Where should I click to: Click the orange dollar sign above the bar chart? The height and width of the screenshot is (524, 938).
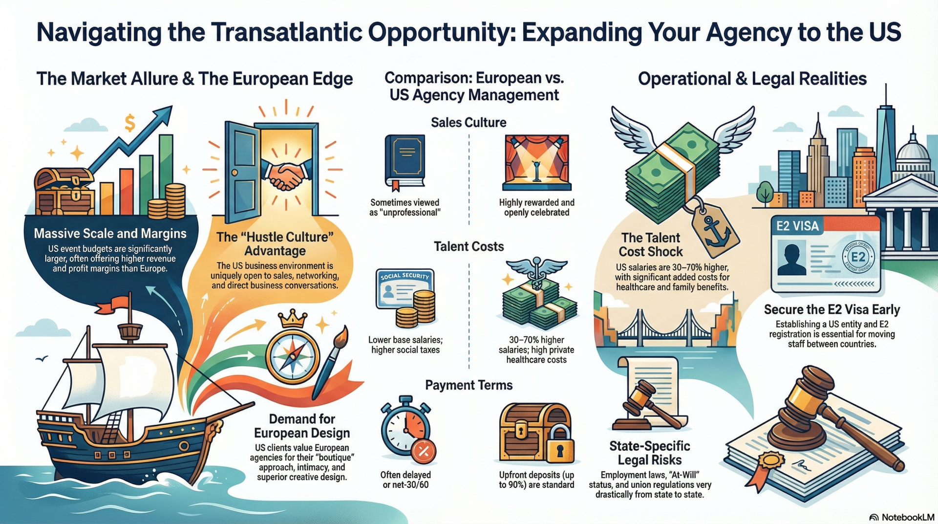129,123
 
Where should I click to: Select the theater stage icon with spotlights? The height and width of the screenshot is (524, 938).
536,163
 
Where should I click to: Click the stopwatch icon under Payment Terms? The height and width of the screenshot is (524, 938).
406,428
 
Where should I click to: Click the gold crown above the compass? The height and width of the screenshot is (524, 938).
292,319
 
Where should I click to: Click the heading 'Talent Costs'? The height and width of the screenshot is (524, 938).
469,246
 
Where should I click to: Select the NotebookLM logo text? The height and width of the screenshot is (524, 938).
907,517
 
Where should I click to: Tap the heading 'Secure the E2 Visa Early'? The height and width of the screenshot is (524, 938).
831,309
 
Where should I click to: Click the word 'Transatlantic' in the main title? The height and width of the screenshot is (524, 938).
286,32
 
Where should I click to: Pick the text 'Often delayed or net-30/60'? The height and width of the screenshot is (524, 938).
405,480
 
